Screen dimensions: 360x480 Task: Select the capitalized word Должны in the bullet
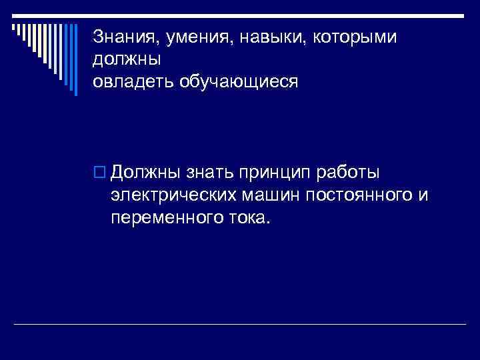145,173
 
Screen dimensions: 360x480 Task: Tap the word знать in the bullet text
207,173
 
